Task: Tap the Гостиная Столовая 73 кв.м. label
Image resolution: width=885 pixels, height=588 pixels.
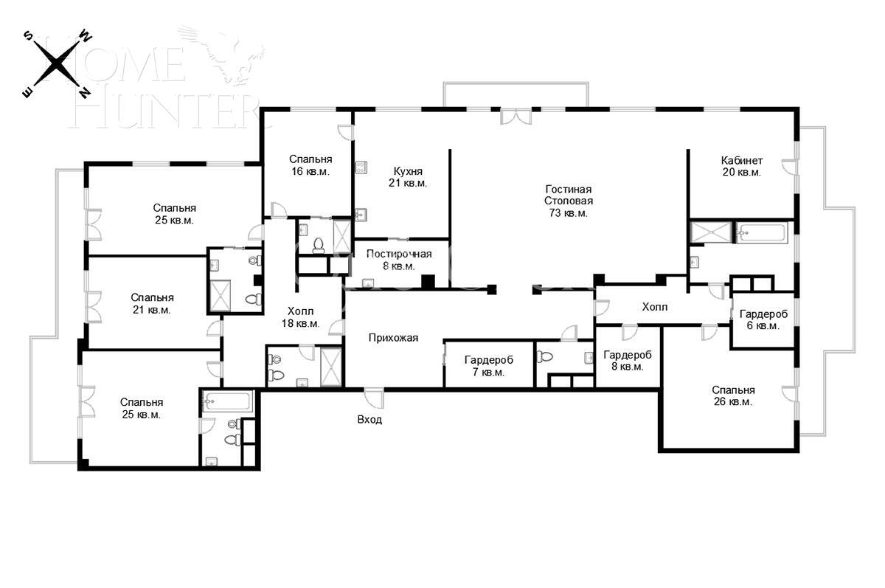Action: coord(568,201)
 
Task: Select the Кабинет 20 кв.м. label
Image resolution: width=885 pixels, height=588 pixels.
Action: coord(741,166)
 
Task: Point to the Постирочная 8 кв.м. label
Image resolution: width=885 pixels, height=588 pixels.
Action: coord(398,260)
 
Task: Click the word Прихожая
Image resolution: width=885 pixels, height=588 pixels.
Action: coord(393,338)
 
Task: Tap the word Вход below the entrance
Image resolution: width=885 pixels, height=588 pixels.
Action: coord(369,419)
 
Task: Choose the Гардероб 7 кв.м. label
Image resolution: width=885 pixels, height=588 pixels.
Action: coord(488,366)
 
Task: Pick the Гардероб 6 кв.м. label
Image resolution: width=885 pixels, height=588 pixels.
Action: coord(763,319)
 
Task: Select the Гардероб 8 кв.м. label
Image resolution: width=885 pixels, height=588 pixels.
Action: coord(628,360)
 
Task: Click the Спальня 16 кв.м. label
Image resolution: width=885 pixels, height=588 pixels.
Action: coord(310,165)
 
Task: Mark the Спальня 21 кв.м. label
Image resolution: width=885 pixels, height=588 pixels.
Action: coord(152,304)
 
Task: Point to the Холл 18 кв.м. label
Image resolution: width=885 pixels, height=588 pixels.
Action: coord(300,317)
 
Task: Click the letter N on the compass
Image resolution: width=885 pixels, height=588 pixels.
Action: coord(85,92)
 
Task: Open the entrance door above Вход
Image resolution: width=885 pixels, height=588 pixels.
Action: coord(374,398)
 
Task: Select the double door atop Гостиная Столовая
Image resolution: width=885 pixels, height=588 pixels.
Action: coord(516,117)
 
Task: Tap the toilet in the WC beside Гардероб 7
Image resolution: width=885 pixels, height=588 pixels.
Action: coord(546,357)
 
